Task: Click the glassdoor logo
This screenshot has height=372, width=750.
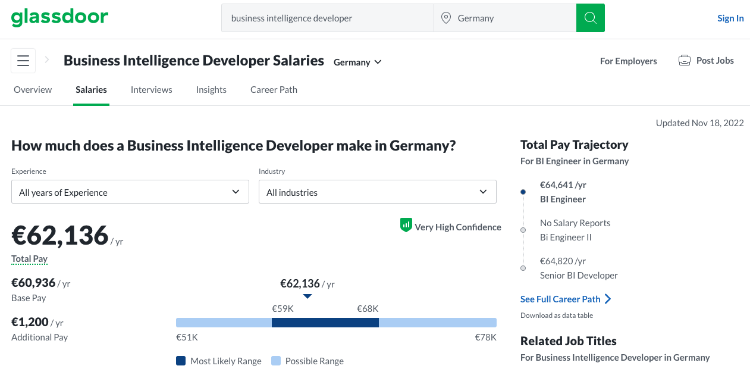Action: (x=59, y=17)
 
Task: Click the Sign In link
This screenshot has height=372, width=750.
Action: (x=730, y=18)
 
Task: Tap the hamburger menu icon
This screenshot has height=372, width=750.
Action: (x=23, y=61)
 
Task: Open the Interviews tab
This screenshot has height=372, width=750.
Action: (x=151, y=89)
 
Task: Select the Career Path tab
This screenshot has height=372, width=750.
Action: (x=274, y=89)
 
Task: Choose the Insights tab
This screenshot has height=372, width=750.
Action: (x=211, y=89)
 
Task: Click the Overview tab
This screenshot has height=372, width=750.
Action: (x=33, y=89)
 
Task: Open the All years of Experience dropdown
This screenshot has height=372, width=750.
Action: (x=130, y=192)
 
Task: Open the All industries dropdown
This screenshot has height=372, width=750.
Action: (x=378, y=192)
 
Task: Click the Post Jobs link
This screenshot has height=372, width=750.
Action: (x=706, y=61)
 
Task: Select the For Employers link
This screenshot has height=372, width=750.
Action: (x=629, y=61)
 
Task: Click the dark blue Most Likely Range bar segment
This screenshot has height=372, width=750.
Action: (x=325, y=323)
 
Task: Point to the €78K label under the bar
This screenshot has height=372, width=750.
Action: (x=485, y=337)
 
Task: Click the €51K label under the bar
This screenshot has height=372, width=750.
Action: (x=187, y=337)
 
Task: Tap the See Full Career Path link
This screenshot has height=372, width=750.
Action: (x=566, y=299)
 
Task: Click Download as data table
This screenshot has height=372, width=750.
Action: (x=557, y=315)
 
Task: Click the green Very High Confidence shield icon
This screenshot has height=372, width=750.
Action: (x=406, y=225)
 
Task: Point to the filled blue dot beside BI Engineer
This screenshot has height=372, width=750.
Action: (x=523, y=192)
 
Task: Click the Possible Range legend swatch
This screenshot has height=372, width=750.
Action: (x=276, y=361)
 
